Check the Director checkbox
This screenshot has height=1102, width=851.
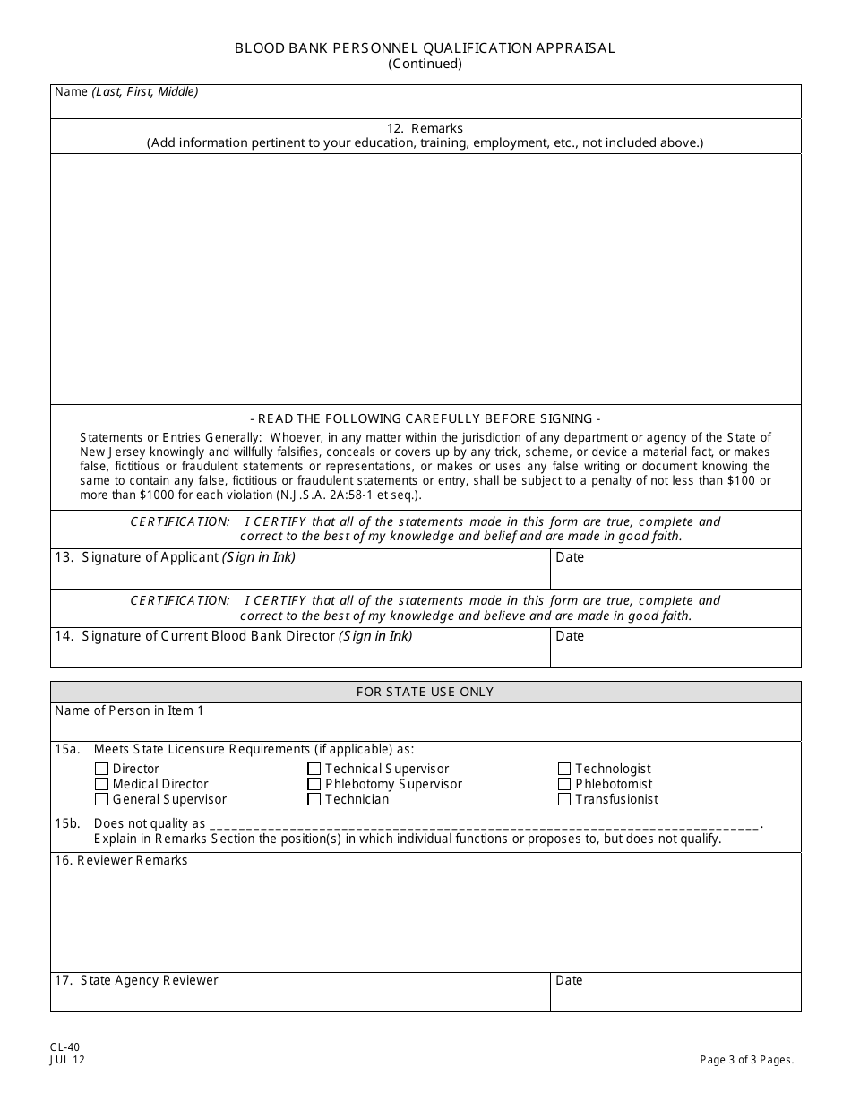coord(101,769)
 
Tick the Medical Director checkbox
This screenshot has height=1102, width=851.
coord(101,784)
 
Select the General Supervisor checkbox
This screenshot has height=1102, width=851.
coord(101,799)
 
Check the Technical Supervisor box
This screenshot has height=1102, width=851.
coord(314,769)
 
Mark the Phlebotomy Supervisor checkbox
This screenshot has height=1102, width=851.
coord(314,784)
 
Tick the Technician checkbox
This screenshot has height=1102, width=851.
coord(314,799)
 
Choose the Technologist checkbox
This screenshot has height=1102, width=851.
coord(564,769)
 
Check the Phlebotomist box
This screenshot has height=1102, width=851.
coord(564,784)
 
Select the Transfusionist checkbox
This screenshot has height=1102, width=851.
coord(564,799)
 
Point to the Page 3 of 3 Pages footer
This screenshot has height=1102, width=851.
coord(747,1060)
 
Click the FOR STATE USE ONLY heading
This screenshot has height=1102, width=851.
coord(425,692)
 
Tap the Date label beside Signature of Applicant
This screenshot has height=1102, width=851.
coord(570,557)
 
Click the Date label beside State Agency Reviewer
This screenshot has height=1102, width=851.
coord(570,980)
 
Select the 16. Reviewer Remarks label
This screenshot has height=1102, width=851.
coord(122,860)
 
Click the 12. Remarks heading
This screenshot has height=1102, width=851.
coord(425,128)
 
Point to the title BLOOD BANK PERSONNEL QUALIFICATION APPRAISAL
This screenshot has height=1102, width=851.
coord(425,48)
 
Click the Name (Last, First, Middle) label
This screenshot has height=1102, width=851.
coord(126,91)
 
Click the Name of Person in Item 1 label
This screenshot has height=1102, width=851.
coord(129,710)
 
